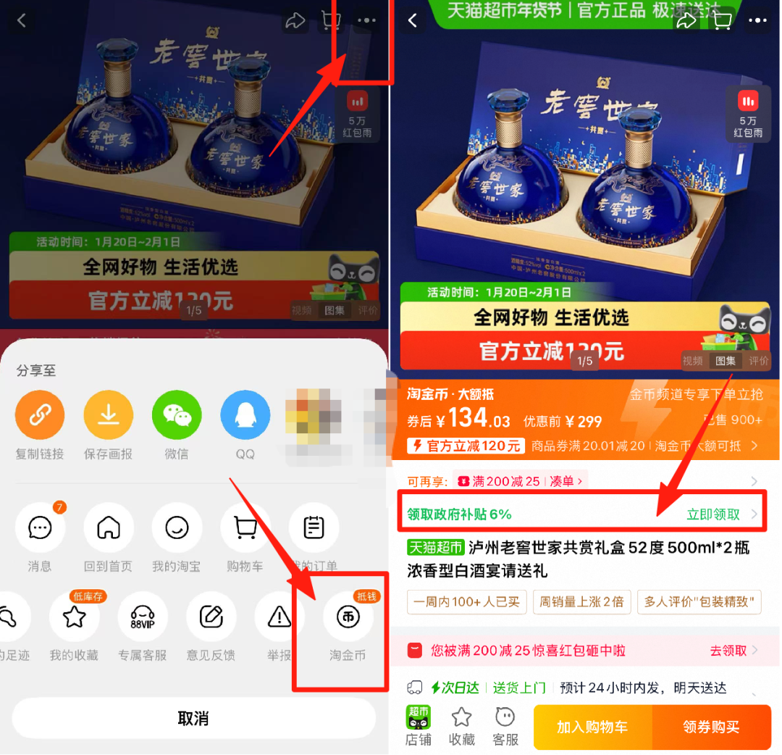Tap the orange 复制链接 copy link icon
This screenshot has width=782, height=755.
[40, 415]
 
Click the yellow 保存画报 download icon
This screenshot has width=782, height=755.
[109, 415]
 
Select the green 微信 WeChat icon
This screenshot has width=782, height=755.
[177, 415]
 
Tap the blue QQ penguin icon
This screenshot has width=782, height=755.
[245, 415]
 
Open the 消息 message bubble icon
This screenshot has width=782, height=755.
[40, 528]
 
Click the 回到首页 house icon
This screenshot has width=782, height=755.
[109, 528]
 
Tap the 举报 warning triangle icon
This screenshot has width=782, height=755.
[279, 617]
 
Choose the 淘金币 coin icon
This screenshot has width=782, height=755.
[348, 617]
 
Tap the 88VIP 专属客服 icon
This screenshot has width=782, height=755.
[143, 617]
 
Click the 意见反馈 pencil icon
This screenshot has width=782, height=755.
[211, 617]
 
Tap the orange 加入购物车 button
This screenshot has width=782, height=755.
[592, 727]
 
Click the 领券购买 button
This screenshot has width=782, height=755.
[712, 727]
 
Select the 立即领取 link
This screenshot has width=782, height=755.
[713, 514]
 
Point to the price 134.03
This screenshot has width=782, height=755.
[479, 420]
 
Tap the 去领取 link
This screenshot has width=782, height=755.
[728, 651]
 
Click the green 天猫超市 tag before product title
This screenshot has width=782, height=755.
[435, 548]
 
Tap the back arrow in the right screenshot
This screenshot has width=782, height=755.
[413, 21]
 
